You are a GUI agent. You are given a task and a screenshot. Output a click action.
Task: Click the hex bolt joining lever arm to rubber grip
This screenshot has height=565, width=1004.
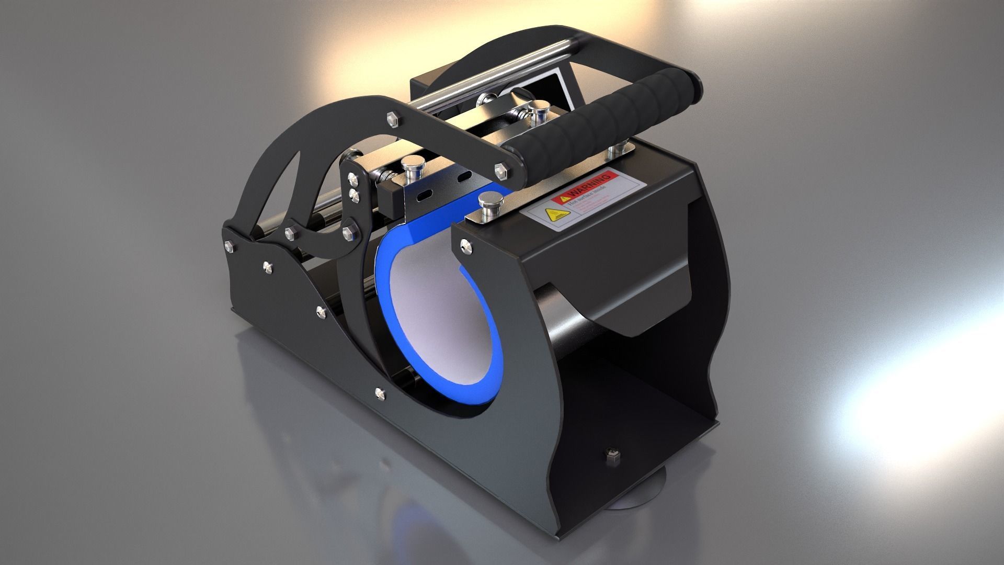(501, 169)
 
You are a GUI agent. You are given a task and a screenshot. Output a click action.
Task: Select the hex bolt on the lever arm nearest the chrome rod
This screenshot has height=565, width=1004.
(390, 118)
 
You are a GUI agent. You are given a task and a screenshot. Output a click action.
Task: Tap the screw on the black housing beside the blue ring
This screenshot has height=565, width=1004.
(464, 243)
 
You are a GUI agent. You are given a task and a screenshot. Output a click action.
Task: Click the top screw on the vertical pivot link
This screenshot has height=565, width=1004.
(355, 181)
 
